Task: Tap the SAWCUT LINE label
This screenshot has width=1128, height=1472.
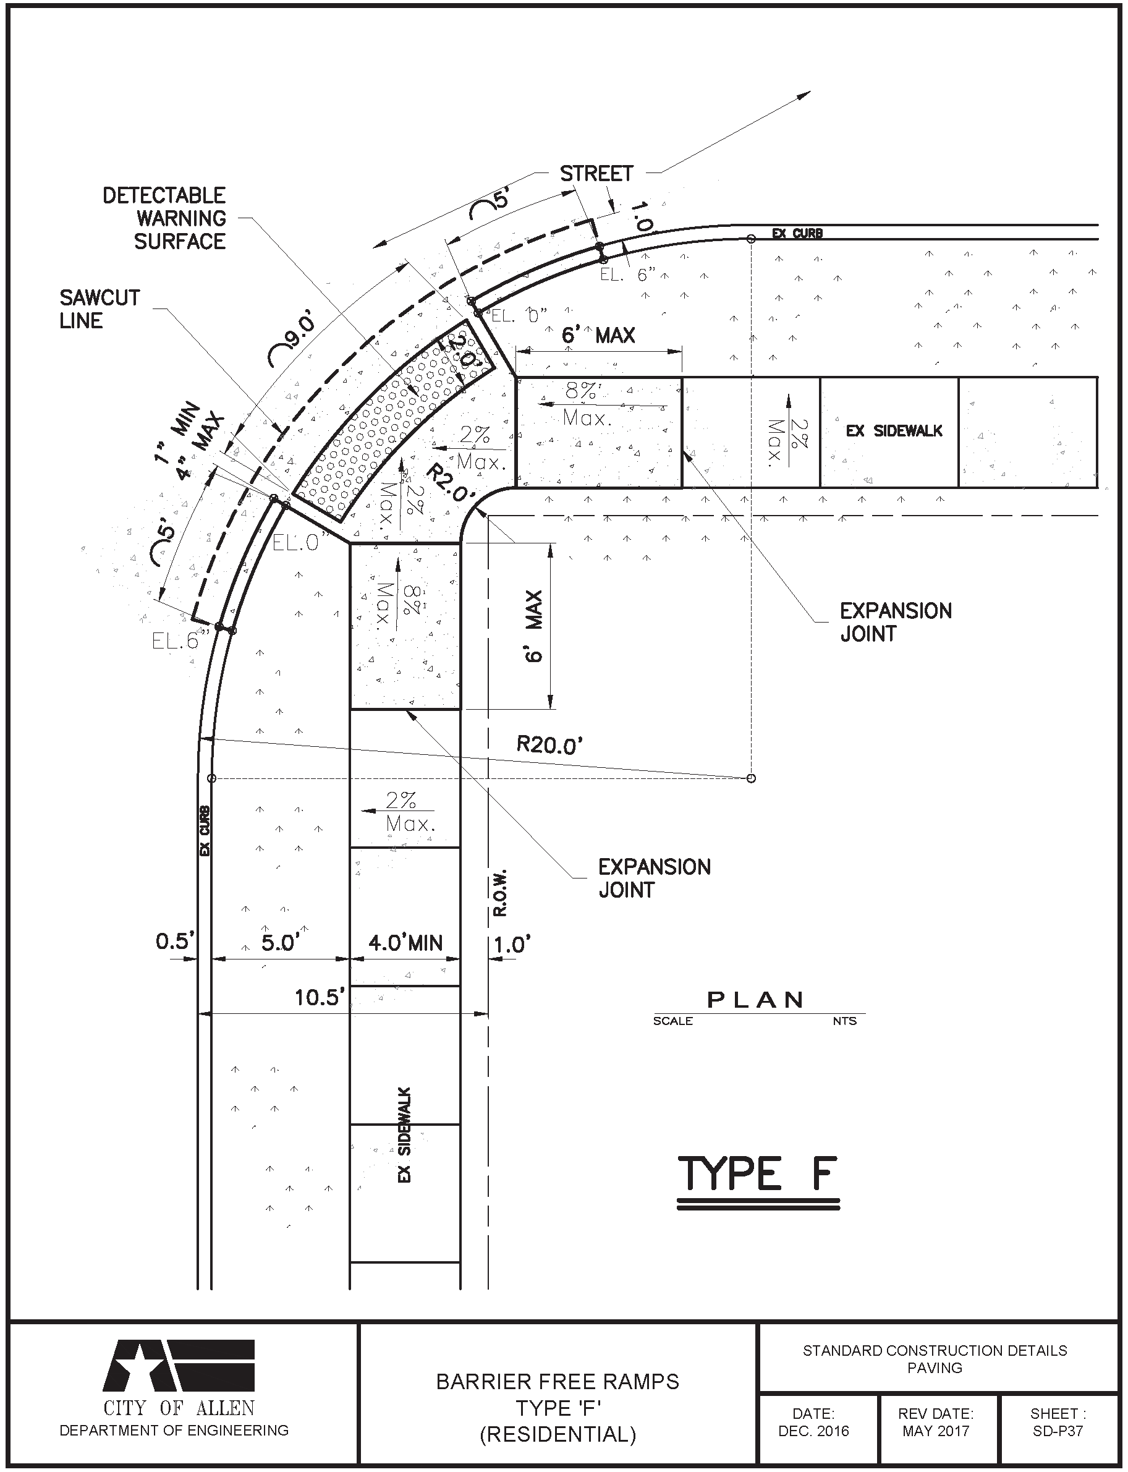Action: (x=100, y=309)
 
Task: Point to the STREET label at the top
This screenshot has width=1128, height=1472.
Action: (x=596, y=174)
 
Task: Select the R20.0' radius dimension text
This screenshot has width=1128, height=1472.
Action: (x=549, y=745)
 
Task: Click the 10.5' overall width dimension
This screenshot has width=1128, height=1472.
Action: (x=320, y=997)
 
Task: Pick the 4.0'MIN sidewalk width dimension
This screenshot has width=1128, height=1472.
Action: (x=405, y=943)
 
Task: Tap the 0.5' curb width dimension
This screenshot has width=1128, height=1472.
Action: (x=174, y=942)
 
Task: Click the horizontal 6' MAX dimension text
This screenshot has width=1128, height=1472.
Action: (x=598, y=335)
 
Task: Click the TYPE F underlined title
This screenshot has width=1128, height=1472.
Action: (x=757, y=1175)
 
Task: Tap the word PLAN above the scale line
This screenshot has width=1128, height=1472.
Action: (x=756, y=1000)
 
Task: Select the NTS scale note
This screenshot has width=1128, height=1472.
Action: (x=845, y=1021)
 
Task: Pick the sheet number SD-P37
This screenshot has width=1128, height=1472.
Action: (x=1058, y=1431)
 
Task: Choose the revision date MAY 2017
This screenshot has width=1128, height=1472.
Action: (x=936, y=1431)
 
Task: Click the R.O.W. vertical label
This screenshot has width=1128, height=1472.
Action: (x=499, y=894)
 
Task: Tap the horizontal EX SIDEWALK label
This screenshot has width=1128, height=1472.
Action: (x=894, y=431)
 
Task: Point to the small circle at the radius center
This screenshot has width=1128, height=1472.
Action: (x=752, y=778)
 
